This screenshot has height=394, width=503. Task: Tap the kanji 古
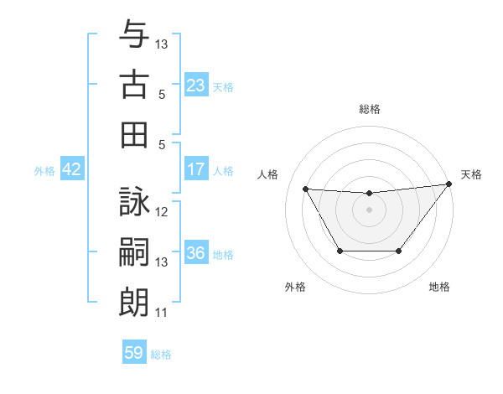click(x=134, y=85)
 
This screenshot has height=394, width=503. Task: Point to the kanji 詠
click(x=134, y=203)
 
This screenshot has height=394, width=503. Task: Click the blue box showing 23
click(x=195, y=86)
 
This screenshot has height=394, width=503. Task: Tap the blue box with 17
click(x=195, y=169)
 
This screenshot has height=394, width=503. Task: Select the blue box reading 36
click(x=195, y=254)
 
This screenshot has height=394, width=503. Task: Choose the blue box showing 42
click(x=71, y=170)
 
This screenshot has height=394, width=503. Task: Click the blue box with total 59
click(x=134, y=353)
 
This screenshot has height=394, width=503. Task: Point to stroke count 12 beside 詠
click(x=163, y=212)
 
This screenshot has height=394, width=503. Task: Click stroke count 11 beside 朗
click(x=162, y=313)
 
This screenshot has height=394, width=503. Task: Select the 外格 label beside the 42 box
click(x=44, y=171)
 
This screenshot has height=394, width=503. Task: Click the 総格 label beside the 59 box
click(x=161, y=355)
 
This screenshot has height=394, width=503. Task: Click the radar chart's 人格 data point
click(x=305, y=189)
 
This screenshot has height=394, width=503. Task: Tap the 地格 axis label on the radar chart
click(x=439, y=288)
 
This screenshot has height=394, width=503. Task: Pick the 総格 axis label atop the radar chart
click(x=369, y=109)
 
